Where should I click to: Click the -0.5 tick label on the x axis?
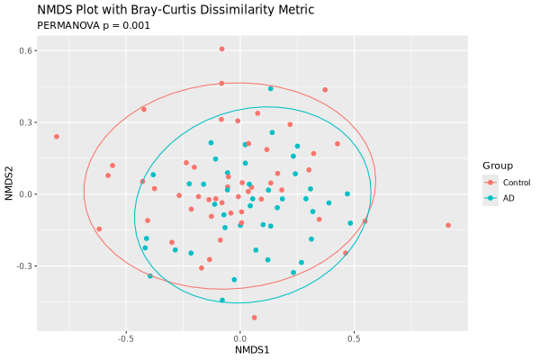(125, 339)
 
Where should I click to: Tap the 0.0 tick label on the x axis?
(239, 339)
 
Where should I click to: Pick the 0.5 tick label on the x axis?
(353, 339)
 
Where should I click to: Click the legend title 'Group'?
(498, 166)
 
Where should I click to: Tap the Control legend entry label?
(517, 183)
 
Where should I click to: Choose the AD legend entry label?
(508, 198)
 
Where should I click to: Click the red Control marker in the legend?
(490, 183)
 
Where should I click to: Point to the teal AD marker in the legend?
(490, 198)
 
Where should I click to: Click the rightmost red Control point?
(448, 225)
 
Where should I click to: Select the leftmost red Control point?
(57, 137)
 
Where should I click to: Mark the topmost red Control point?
(221, 49)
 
